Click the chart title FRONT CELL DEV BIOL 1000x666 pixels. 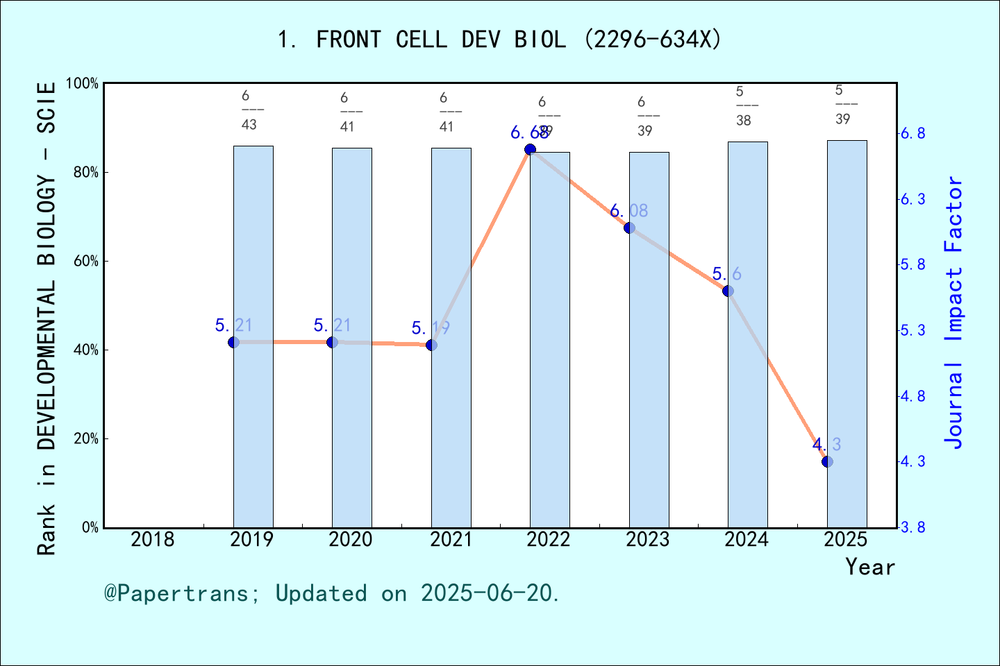(x=499, y=40)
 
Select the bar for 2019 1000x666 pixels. (x=253, y=336)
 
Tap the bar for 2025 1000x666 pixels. (x=847, y=334)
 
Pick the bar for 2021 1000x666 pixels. (x=451, y=337)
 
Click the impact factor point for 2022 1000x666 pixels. (x=530, y=149)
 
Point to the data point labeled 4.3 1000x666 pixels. (x=827, y=461)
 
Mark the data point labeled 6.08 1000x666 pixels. (x=629, y=228)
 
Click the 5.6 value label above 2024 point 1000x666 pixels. (x=726, y=274)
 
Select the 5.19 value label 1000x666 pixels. (x=431, y=327)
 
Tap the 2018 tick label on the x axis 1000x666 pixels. (x=153, y=539)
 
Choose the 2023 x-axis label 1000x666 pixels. (x=647, y=539)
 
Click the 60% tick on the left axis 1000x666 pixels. (x=86, y=262)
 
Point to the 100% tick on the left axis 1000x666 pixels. (x=83, y=84)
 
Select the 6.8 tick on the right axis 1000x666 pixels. (x=912, y=133)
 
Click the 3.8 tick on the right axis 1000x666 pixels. (x=912, y=528)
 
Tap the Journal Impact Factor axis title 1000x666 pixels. (x=954, y=312)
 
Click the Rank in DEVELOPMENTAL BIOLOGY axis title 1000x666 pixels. (x=46, y=319)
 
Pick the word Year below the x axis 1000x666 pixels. (x=870, y=567)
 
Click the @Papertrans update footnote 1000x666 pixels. (x=332, y=593)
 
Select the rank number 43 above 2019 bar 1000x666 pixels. (x=249, y=125)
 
